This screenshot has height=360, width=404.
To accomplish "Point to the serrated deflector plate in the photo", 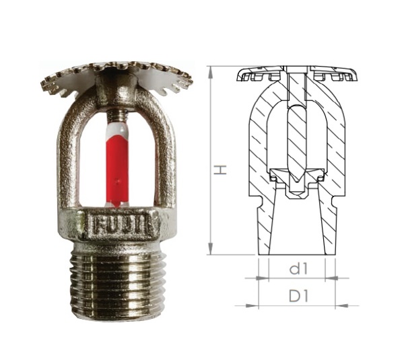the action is coord(116,77).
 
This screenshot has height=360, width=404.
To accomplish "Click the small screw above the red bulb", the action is coord(118,115).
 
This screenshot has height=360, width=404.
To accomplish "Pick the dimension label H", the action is coord(220,170).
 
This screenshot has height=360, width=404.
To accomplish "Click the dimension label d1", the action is coord(298,269).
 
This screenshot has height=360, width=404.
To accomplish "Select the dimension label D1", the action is coord(298,296).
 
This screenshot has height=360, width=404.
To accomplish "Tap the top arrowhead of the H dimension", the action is coord(211,72).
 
